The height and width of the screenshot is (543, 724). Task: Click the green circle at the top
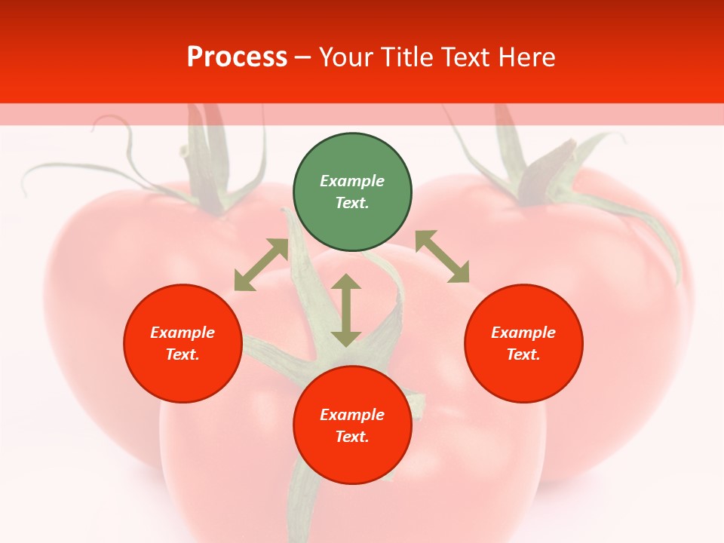(x=352, y=192)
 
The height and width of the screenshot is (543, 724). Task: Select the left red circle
(x=183, y=343)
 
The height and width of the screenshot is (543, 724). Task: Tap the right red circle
(x=523, y=343)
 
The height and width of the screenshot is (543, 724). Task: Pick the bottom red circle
(x=352, y=425)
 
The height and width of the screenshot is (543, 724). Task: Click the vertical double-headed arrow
(x=346, y=310)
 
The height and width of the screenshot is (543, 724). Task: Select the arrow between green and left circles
(x=261, y=265)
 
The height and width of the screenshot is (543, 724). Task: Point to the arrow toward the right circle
(x=442, y=256)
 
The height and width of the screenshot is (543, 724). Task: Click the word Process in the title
(x=237, y=57)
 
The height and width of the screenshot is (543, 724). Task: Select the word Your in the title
(x=347, y=57)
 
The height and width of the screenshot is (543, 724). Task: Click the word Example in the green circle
(x=352, y=181)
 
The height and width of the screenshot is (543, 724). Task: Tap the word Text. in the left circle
(x=183, y=354)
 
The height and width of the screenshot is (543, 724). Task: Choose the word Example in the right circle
(x=523, y=333)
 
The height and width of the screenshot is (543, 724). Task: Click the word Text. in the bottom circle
(x=352, y=437)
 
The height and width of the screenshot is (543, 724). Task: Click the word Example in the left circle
(x=183, y=333)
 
